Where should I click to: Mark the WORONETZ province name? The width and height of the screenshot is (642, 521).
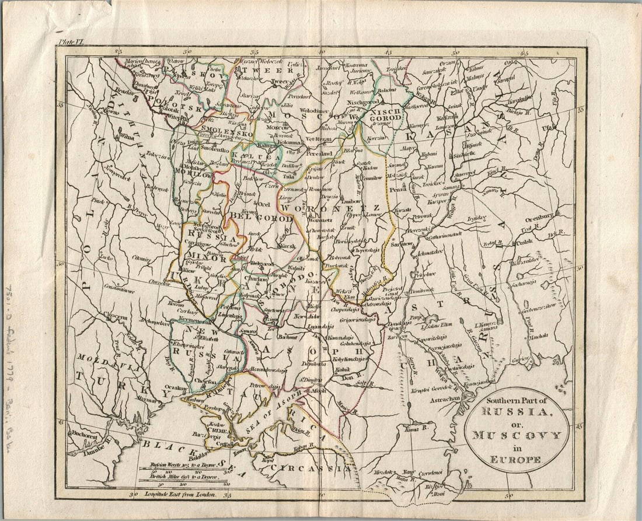[330, 208]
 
